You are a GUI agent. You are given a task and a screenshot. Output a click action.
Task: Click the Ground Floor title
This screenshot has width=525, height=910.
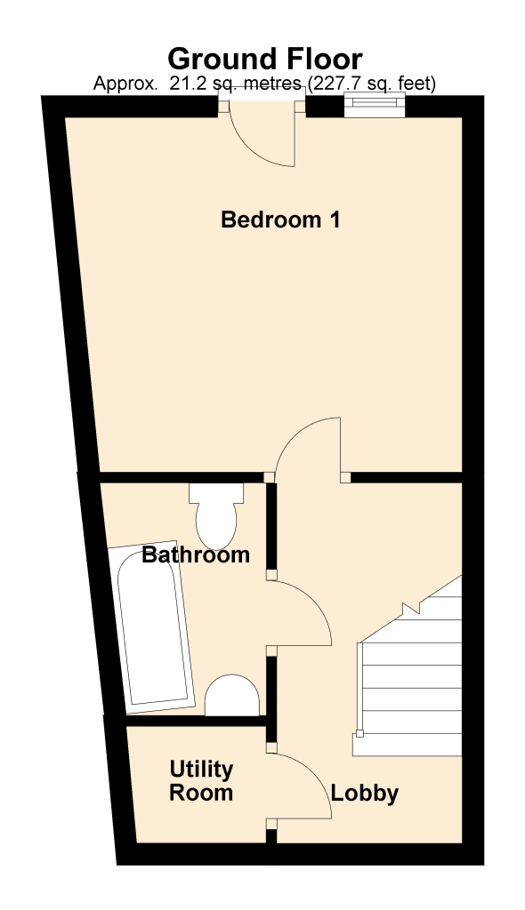(x=265, y=60)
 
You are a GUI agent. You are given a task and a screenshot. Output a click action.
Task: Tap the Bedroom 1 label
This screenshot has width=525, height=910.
(x=280, y=220)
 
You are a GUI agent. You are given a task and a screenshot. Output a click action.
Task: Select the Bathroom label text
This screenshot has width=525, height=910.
(x=196, y=555)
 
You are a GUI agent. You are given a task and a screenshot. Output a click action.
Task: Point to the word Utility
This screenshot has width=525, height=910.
(x=201, y=770)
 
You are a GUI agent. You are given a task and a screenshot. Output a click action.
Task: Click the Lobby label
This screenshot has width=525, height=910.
(x=365, y=794)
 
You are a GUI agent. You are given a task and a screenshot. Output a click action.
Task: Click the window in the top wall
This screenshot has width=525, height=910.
(x=374, y=105)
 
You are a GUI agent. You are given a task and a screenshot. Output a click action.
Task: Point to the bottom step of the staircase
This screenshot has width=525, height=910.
(x=407, y=745)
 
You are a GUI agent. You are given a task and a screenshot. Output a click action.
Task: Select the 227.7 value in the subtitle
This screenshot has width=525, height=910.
(x=335, y=84)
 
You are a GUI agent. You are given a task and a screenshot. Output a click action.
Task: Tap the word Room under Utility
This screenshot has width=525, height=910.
(x=201, y=793)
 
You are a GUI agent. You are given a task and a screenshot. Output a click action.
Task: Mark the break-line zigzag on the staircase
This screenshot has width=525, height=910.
(x=410, y=608)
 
